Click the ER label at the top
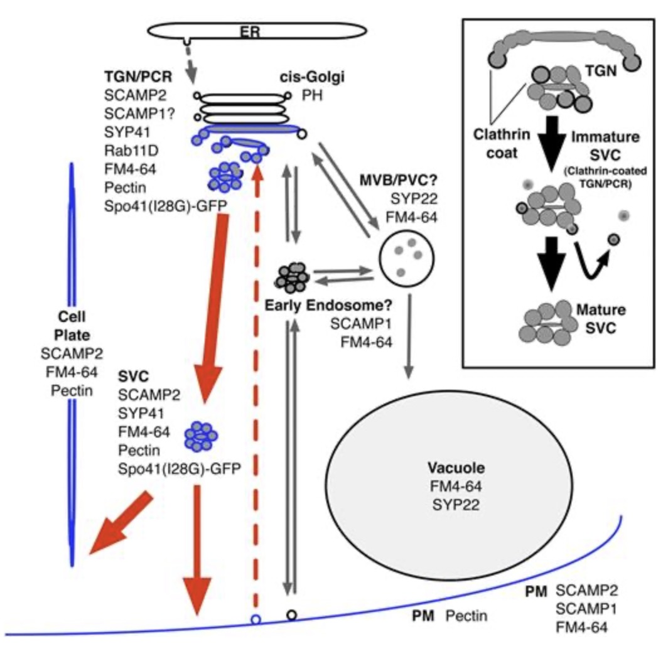click(250, 31)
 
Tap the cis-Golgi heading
click(312, 77)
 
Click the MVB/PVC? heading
click(399, 181)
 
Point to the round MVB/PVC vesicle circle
click(407, 257)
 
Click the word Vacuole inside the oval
click(456, 468)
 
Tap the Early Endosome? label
click(328, 305)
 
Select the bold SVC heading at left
click(133, 377)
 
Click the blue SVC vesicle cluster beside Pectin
click(201, 436)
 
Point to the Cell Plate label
click(72, 326)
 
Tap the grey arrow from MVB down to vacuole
click(409, 336)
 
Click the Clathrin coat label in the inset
click(502, 144)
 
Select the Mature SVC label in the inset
click(601, 319)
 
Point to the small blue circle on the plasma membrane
click(256, 619)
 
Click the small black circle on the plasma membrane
click(292, 615)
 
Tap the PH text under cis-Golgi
click(312, 95)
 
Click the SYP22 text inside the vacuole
click(456, 505)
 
